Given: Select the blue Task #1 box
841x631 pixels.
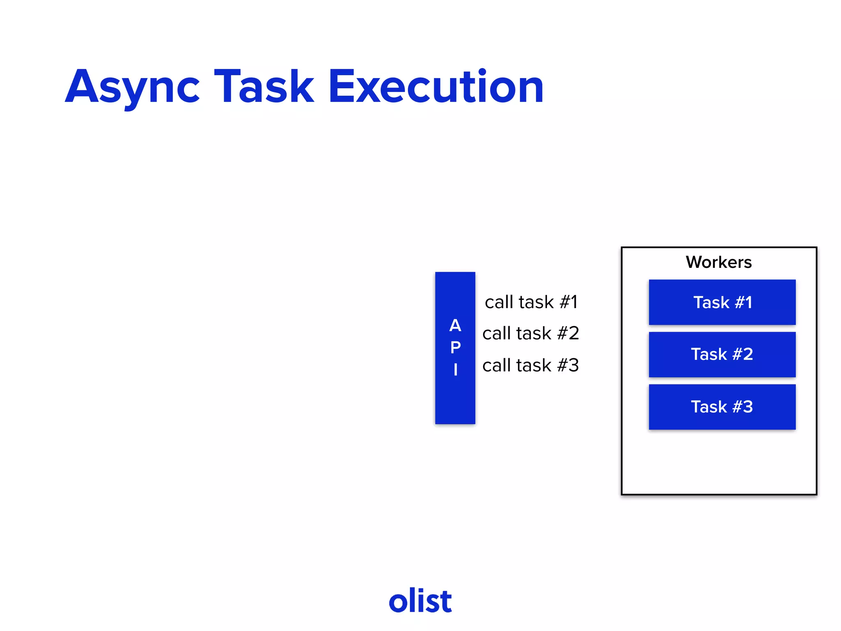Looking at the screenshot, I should (x=722, y=302).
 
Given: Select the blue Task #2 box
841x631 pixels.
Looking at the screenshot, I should (x=722, y=355).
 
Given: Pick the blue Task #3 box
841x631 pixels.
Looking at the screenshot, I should (x=722, y=407).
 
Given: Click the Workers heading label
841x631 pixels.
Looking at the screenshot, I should (x=719, y=262).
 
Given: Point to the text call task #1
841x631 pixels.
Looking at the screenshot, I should (x=531, y=302).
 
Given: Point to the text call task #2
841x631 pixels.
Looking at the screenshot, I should (x=531, y=333).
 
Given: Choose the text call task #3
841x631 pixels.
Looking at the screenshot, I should (x=531, y=365).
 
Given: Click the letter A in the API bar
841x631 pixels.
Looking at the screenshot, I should (x=455, y=326).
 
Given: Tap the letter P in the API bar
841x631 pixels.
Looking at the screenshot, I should (x=455, y=348).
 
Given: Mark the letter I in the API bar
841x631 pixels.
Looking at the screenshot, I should (x=455, y=370).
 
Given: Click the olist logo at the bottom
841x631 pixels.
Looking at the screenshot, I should (x=420, y=601).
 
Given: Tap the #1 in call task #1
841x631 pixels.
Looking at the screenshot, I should (x=569, y=302).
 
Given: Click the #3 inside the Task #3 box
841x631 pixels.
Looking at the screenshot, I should (x=743, y=407).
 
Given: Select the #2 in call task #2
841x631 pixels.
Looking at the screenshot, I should (x=568, y=333).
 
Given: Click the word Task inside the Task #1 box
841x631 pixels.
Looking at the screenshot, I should (x=711, y=303).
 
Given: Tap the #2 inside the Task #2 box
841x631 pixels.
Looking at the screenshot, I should (x=743, y=355).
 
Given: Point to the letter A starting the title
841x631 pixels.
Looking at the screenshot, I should (x=82, y=87).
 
